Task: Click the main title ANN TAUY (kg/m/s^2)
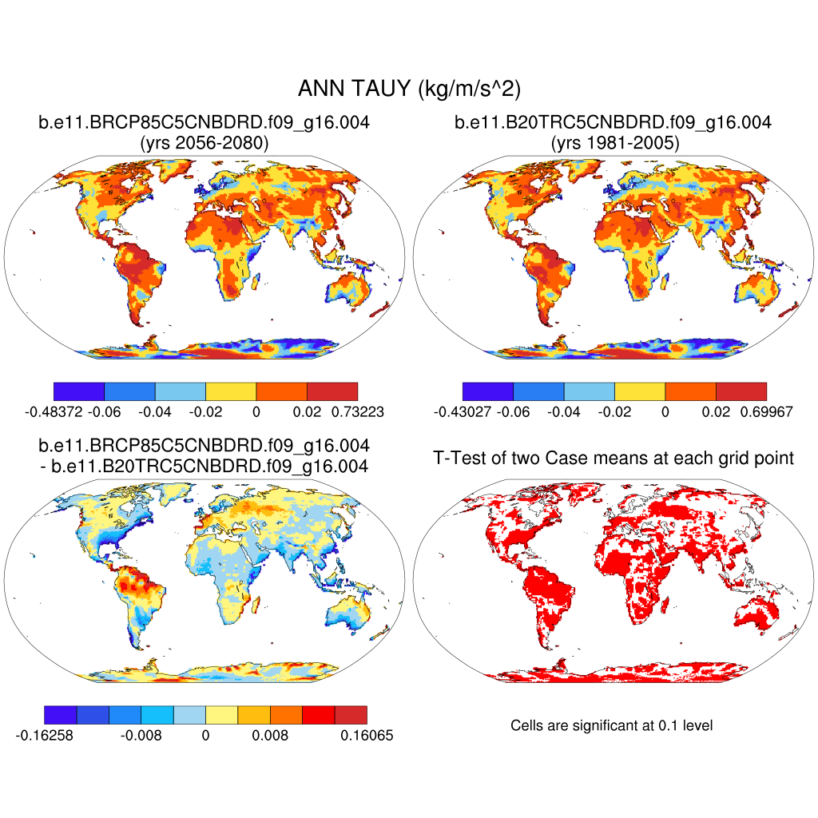[x=408, y=89]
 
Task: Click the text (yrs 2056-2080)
[x=204, y=143]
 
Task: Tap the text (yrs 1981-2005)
[x=613, y=143]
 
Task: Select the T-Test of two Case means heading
[x=613, y=459]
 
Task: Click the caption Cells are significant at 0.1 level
[x=611, y=725]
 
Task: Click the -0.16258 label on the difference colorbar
[x=45, y=735]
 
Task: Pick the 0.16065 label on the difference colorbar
[x=366, y=735]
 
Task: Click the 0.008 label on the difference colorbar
[x=270, y=735]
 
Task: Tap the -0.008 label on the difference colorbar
[x=140, y=735]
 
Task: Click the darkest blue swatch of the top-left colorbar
[x=78, y=391]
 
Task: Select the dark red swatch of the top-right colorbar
[x=741, y=391]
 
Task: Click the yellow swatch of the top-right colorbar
[x=640, y=391]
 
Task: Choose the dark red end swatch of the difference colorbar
[x=351, y=714]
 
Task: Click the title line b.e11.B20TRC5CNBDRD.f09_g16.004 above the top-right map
[x=613, y=123]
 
